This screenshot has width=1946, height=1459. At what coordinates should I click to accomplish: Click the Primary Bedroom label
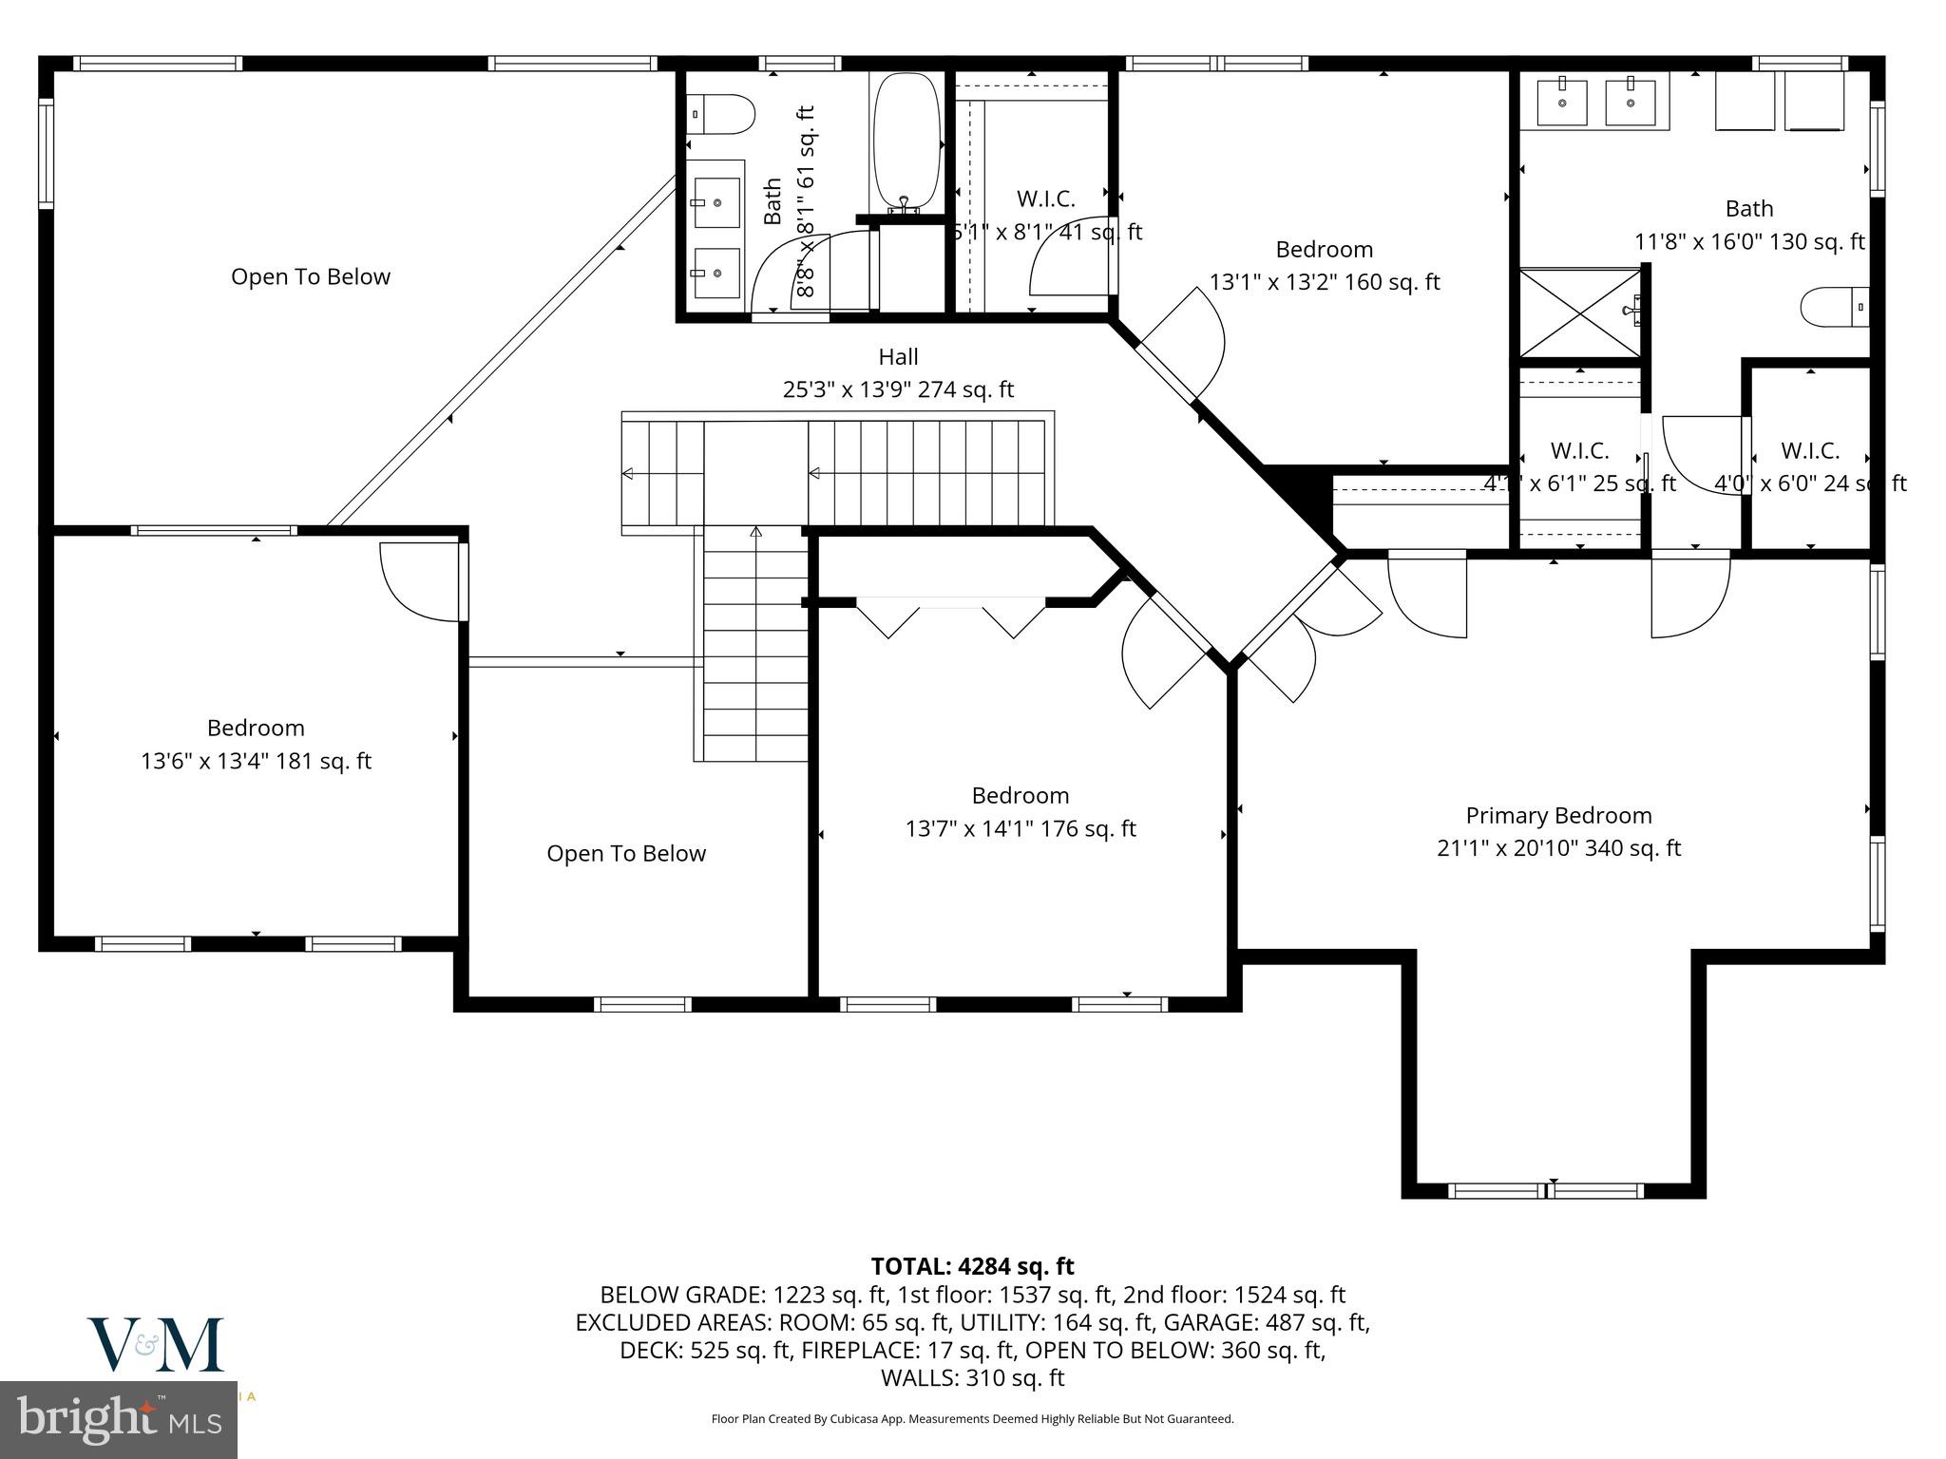coord(1558,816)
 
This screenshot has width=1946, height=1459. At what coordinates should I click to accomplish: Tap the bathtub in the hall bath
coord(906,142)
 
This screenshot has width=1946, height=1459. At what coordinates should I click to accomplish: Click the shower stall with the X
coord(1579,313)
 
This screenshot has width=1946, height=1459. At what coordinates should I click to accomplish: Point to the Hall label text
coord(898,357)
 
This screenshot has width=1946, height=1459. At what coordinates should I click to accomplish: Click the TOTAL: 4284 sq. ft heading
coord(972,1266)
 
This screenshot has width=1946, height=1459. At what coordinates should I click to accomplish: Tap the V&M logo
coord(156,1344)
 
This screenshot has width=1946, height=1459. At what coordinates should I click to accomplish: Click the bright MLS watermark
coord(119,1419)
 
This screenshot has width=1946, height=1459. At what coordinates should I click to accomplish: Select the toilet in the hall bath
coord(719,115)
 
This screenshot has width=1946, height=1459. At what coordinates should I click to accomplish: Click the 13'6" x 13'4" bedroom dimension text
coord(256,761)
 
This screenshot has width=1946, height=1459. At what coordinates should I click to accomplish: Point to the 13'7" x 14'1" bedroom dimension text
coord(1021,828)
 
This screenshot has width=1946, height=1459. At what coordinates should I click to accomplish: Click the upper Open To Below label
coord(311,276)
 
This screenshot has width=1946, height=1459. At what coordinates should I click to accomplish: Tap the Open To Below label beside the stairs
coord(626,853)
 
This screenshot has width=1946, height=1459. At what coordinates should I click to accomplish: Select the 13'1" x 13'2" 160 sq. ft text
coord(1325,282)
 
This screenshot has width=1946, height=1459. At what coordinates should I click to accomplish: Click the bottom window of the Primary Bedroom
coord(1546,1190)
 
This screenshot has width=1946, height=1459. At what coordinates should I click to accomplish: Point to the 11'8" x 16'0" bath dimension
coord(1749,242)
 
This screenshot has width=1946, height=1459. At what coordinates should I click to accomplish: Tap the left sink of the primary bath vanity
coord(1562,103)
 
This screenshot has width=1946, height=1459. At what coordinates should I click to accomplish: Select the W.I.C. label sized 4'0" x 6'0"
coord(1810,450)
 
